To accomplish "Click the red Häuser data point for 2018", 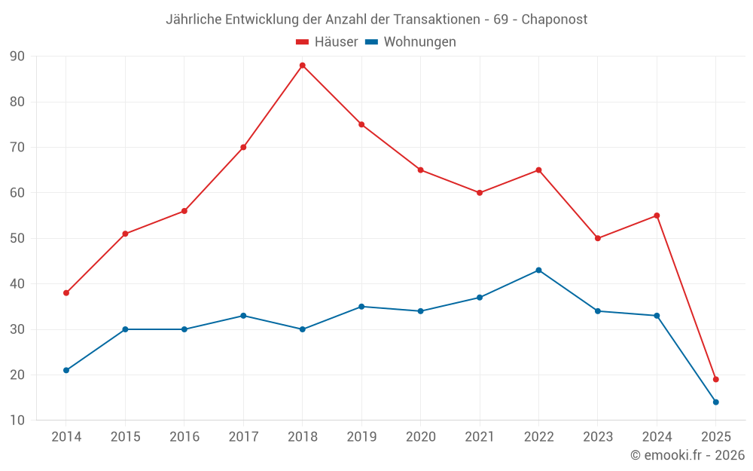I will tap(302, 66).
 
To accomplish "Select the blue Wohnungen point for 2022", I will tap(538, 271).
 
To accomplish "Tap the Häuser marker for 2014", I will tap(66, 293).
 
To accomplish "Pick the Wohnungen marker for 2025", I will tap(715, 402).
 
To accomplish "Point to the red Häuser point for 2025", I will tap(715, 380).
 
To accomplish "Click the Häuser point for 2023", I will tap(598, 238).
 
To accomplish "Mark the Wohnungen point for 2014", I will tap(66, 371).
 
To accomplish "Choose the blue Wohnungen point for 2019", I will tap(361, 307).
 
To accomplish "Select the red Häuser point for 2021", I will tap(480, 193).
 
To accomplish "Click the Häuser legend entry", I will tap(327, 42).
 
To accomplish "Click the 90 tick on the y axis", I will tap(17, 57).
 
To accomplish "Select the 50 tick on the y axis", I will tap(17, 239).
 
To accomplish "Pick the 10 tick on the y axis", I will tap(17, 421).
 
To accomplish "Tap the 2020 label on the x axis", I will tap(420, 437).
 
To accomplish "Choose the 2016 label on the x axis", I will tap(184, 437).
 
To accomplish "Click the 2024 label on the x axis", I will tap(657, 437).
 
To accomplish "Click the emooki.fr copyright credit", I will tap(687, 455).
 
